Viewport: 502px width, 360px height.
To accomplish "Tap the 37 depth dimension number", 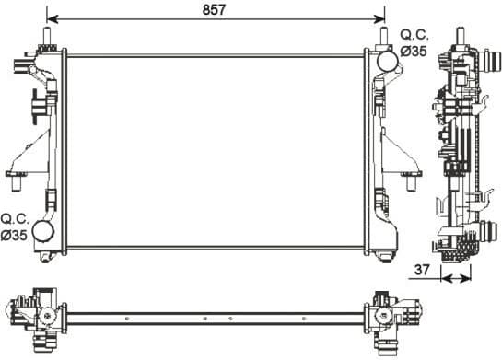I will click(423, 270).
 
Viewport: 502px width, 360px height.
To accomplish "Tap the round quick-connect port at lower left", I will click(43, 230).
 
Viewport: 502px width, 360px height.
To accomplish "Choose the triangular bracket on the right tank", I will click(402, 152).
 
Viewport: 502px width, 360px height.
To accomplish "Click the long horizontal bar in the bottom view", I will click(216, 318).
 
